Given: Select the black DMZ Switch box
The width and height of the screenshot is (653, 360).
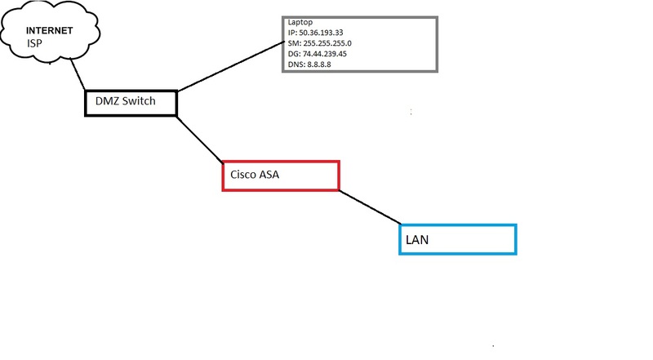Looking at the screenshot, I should coord(131,102).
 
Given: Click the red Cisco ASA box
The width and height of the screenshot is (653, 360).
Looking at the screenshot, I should coord(280,176).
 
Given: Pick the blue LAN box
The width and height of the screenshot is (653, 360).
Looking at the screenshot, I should coord(457,238).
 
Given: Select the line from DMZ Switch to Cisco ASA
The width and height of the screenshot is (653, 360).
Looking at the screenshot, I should coord(201,138).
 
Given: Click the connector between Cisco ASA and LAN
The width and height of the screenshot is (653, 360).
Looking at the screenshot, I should coord(370,207).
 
